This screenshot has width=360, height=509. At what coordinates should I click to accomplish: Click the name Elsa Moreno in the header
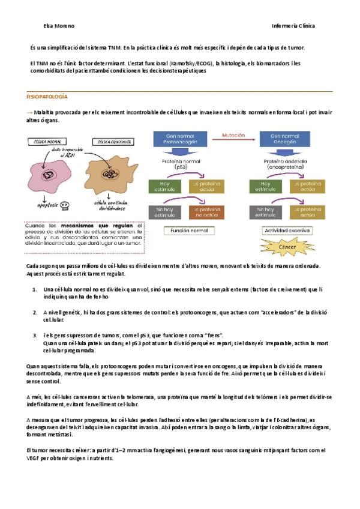click(x=59, y=26)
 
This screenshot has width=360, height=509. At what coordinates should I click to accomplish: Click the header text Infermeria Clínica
click(x=293, y=26)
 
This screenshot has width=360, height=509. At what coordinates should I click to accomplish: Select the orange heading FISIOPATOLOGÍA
click(x=47, y=97)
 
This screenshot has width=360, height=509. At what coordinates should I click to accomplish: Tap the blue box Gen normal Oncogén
click(x=286, y=140)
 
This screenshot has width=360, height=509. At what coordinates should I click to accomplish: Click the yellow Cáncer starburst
click(x=286, y=247)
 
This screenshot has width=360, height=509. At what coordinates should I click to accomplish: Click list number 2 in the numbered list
click(x=35, y=312)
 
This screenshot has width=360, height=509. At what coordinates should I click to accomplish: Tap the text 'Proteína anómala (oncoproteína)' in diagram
click(x=286, y=164)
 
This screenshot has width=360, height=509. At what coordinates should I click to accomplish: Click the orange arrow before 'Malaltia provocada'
click(x=29, y=112)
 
